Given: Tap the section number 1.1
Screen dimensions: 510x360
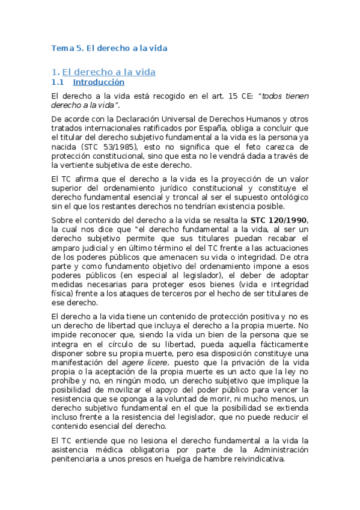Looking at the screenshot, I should (58, 82).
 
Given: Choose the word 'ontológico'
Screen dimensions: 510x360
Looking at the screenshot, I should (287, 198).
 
